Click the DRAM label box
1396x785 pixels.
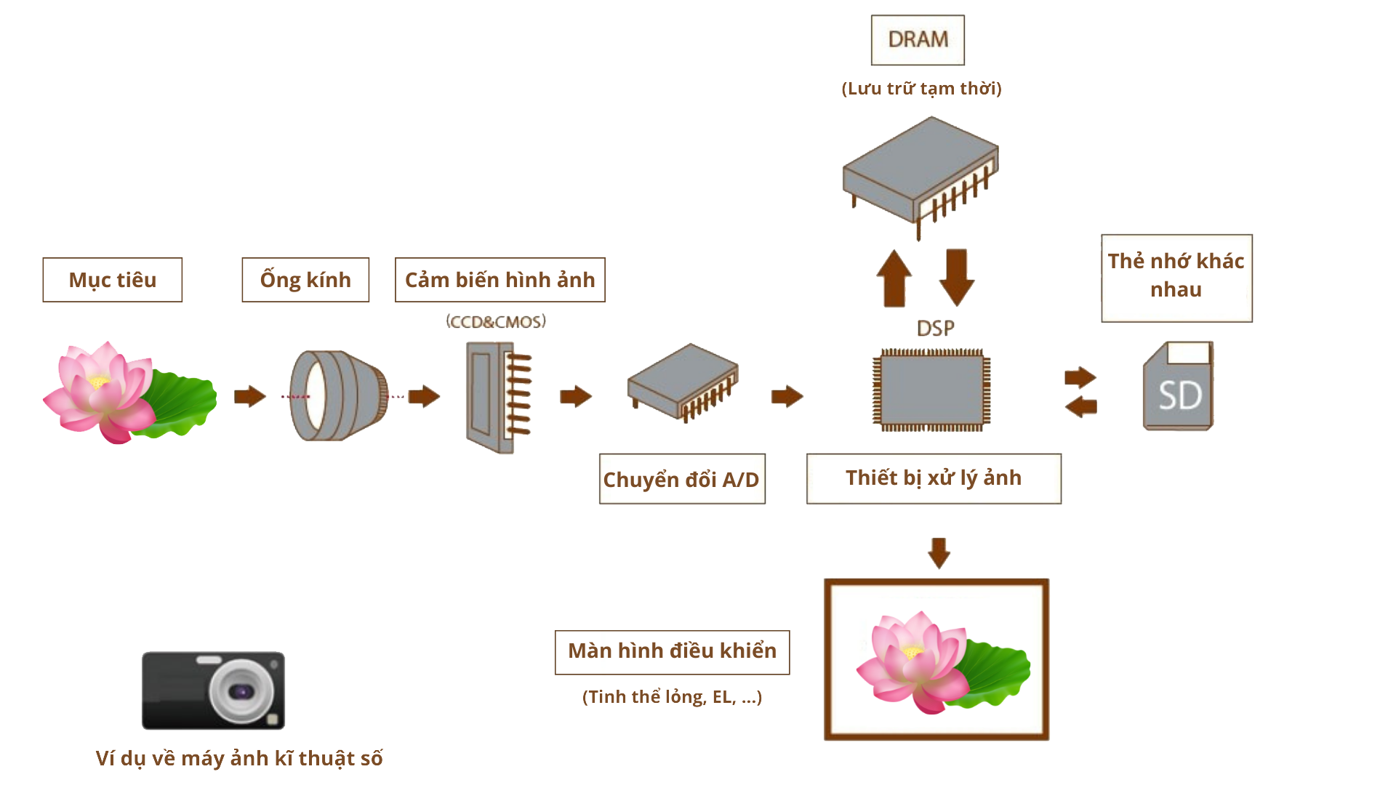pyautogui.click(x=918, y=40)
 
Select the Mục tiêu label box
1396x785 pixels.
pyautogui.click(x=113, y=280)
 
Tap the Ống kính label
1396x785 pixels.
pyautogui.click(x=305, y=280)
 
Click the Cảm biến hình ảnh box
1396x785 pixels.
pyautogui.click(x=500, y=280)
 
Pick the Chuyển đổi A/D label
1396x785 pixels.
pyautogui.click(x=681, y=479)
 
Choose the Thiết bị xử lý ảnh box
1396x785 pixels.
pyautogui.click(x=934, y=478)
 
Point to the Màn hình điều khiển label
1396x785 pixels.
pyautogui.click(x=672, y=652)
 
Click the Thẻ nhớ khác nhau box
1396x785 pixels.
pyautogui.click(x=1176, y=278)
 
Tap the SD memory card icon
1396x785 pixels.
pyautogui.click(x=1178, y=386)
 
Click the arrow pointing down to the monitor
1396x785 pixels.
pyautogui.click(x=939, y=553)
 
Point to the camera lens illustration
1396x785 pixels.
pyautogui.click(x=338, y=396)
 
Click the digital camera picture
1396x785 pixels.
pyautogui.click(x=213, y=691)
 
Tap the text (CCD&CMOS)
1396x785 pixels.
pyautogui.click(x=496, y=321)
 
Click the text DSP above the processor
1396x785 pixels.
pyautogui.click(x=935, y=329)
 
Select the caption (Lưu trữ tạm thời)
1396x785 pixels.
pyautogui.click(x=921, y=89)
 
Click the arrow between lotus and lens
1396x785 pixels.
pyautogui.click(x=249, y=396)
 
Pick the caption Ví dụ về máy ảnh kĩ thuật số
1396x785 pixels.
pyautogui.click(x=238, y=758)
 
